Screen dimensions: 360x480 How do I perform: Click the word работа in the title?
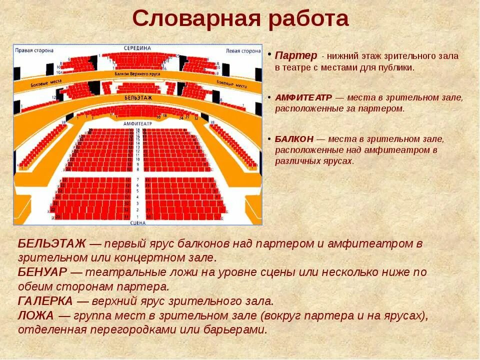pos(308,19)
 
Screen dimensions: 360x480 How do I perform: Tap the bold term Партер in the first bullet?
pos(296,55)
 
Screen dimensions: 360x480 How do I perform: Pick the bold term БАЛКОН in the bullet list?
pos(294,138)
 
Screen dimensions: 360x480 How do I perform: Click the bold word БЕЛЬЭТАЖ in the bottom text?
pos(52,244)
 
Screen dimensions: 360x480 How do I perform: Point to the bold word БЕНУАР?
pos(42,272)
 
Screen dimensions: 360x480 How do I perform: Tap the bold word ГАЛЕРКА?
pos(45,301)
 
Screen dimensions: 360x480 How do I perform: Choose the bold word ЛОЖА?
pos(35,315)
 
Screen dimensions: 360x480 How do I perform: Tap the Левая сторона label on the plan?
pos(243,50)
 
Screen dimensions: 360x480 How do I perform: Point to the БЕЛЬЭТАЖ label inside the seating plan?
pos(138,97)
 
